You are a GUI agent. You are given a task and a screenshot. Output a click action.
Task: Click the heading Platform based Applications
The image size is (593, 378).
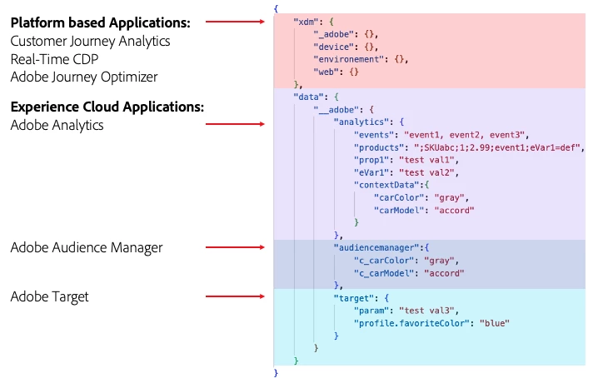click(x=100, y=22)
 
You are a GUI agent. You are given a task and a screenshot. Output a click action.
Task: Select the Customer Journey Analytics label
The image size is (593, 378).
click(x=90, y=41)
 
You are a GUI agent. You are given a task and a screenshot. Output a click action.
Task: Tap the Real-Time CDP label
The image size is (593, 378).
click(x=57, y=59)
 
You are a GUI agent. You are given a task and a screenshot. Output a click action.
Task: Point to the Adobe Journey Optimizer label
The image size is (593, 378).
click(x=84, y=77)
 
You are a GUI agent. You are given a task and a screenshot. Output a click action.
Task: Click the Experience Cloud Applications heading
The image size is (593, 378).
click(x=107, y=107)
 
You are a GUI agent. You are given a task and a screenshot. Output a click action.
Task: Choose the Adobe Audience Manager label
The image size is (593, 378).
click(x=87, y=247)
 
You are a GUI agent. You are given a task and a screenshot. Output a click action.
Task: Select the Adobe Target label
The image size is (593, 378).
click(x=49, y=296)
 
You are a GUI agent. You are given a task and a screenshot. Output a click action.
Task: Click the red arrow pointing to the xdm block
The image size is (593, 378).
click(x=237, y=22)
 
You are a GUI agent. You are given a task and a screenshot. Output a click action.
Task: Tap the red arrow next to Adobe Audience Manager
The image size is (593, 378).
click(x=237, y=247)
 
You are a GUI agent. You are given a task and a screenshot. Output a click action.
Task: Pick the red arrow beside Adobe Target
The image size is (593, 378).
click(x=237, y=296)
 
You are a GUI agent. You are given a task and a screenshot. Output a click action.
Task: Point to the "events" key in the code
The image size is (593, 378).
click(x=375, y=134)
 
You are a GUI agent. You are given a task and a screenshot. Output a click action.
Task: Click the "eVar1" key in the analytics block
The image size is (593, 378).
click(x=371, y=172)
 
